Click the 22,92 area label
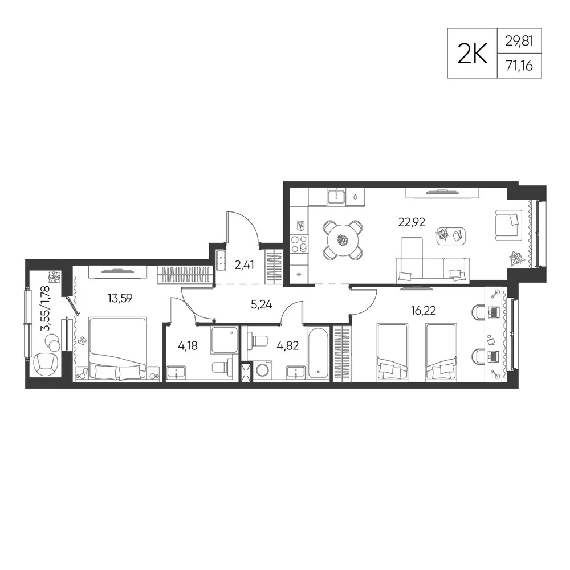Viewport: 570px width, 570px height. click(412, 222)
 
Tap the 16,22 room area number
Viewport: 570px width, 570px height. click(423, 311)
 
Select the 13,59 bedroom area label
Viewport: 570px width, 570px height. click(120, 299)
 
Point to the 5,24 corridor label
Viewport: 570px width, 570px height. click(262, 304)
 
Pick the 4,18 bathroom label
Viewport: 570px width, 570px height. click(188, 345)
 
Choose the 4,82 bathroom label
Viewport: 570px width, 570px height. click(287, 345)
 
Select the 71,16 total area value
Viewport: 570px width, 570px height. click(519, 66)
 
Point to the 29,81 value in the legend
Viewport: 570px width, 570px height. click(519, 41)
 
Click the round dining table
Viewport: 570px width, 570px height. click(343, 241)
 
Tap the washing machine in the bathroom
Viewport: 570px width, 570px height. click(262, 370)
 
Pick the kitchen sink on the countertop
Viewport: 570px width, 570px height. click(337, 197)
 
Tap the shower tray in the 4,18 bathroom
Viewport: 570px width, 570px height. click(224, 340)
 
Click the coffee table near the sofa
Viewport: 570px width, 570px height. click(451, 235)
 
